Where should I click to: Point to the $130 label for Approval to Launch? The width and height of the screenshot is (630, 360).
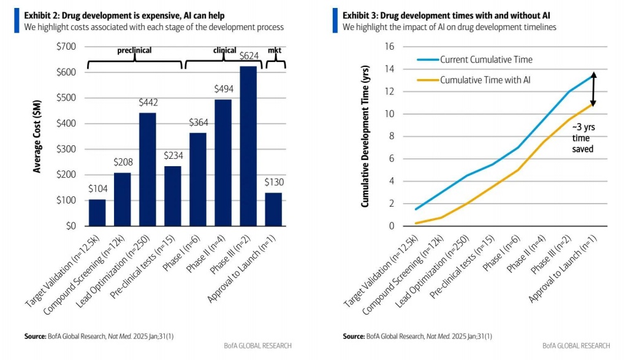pos(273,183)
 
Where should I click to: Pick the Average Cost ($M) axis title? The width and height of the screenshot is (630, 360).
pos(37,136)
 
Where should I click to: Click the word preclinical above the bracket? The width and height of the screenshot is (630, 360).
pos(134,51)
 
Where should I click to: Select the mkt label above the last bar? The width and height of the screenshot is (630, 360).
pos(276,51)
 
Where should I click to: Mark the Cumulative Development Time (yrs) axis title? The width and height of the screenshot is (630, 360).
pos(365,136)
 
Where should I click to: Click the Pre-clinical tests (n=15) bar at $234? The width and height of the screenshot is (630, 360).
pos(172,196)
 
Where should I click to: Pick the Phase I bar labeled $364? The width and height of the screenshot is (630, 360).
pos(197,179)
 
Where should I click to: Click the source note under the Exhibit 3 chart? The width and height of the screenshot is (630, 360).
pos(417,336)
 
